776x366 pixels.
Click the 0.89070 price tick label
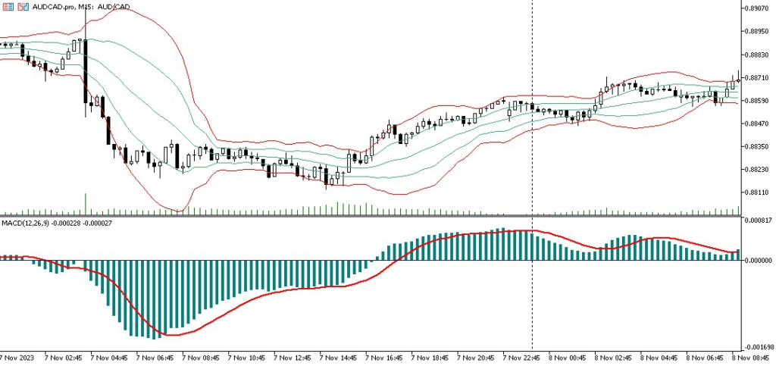click(x=759, y=8)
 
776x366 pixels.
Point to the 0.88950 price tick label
click(x=759, y=32)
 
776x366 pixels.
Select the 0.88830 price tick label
click(x=759, y=55)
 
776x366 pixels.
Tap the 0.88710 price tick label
click(x=759, y=77)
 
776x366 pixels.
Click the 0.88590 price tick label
click(x=759, y=101)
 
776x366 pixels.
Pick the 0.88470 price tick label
click(x=759, y=124)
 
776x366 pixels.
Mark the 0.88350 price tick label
click(x=759, y=146)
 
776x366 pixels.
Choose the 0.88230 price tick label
click(x=759, y=170)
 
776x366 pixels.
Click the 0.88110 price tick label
click(x=759, y=192)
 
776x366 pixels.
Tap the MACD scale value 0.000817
click(x=759, y=221)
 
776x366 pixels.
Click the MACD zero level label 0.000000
click(x=759, y=260)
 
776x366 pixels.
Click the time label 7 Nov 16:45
click(x=386, y=356)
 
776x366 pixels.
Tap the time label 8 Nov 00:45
click(x=569, y=356)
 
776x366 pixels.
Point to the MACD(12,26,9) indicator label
click(x=26, y=223)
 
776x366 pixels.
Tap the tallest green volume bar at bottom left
click(x=86, y=204)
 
